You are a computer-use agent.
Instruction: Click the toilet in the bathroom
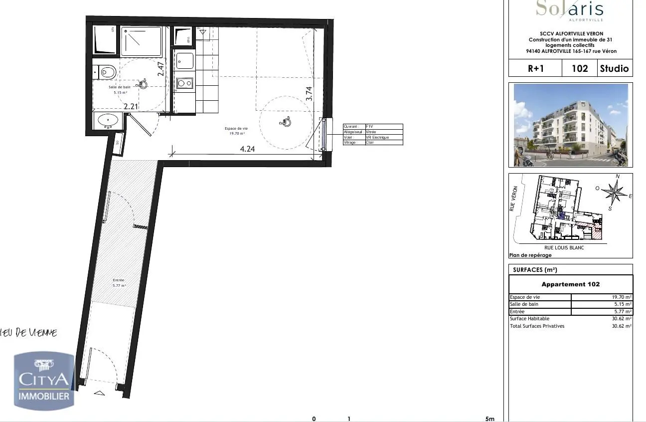(x=106, y=72)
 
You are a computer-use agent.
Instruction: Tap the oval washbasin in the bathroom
(x=109, y=120)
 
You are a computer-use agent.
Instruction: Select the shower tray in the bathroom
(x=142, y=41)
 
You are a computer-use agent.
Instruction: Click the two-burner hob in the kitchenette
(x=184, y=83)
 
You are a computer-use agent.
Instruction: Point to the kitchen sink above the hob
(x=184, y=61)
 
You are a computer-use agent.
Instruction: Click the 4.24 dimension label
(x=247, y=149)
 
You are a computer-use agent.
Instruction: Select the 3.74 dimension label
(x=309, y=95)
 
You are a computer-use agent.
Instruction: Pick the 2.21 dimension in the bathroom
(x=131, y=106)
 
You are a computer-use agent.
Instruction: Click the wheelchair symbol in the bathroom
(x=143, y=84)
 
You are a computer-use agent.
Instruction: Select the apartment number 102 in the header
(x=579, y=68)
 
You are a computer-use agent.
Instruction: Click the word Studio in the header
(x=614, y=68)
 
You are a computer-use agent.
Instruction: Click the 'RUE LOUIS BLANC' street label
(x=564, y=247)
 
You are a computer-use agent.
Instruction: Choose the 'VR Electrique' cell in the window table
(x=377, y=137)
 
